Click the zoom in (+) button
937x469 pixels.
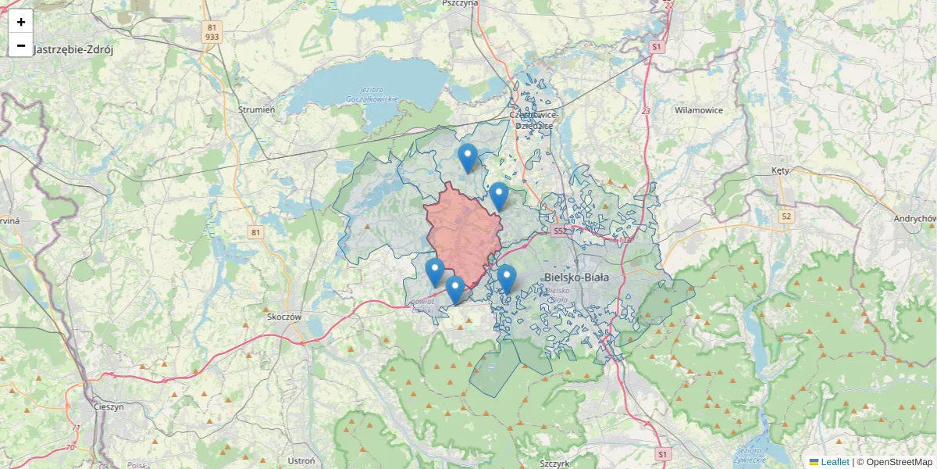tap(21, 22)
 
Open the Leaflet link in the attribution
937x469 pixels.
tap(835, 462)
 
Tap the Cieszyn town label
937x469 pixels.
tap(109, 407)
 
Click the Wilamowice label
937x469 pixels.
tap(699, 110)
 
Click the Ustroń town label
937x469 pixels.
tap(301, 461)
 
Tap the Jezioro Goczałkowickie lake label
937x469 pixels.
tap(372, 95)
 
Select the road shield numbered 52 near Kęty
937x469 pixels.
tap(786, 216)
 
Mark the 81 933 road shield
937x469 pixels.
tap(212, 31)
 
